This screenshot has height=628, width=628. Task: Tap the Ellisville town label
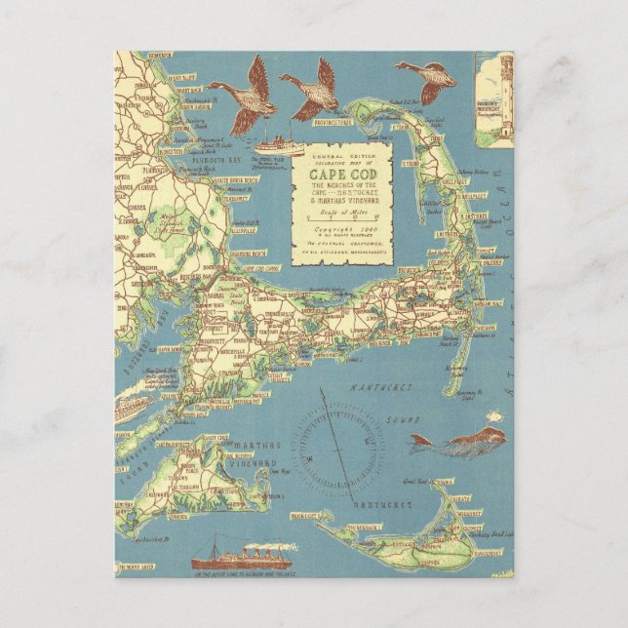pyautogui.click(x=239, y=231)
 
